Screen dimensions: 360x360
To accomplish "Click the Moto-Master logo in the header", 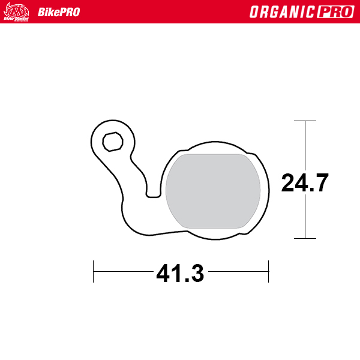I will [17, 11].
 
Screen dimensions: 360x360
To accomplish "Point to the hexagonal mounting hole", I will [112, 142].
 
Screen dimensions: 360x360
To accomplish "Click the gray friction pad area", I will [213, 191].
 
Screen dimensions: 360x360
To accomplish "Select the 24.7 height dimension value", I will [305, 182].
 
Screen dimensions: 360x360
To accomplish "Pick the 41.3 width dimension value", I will [180, 274].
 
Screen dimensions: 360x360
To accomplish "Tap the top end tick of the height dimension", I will [305, 121].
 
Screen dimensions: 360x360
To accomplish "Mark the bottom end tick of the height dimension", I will [305, 238].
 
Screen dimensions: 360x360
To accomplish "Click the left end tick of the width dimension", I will [94, 271].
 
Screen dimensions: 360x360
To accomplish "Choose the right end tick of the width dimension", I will [268, 271].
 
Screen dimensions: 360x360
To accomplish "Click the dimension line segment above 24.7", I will [305, 144].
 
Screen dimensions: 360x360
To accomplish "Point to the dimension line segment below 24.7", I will [305, 216].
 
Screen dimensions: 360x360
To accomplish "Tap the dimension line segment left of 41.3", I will [123, 271].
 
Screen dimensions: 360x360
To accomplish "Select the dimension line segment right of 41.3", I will [237, 271].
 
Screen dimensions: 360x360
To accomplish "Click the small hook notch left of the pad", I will [154, 192].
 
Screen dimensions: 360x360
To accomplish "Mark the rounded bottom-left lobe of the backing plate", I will [132, 216].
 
